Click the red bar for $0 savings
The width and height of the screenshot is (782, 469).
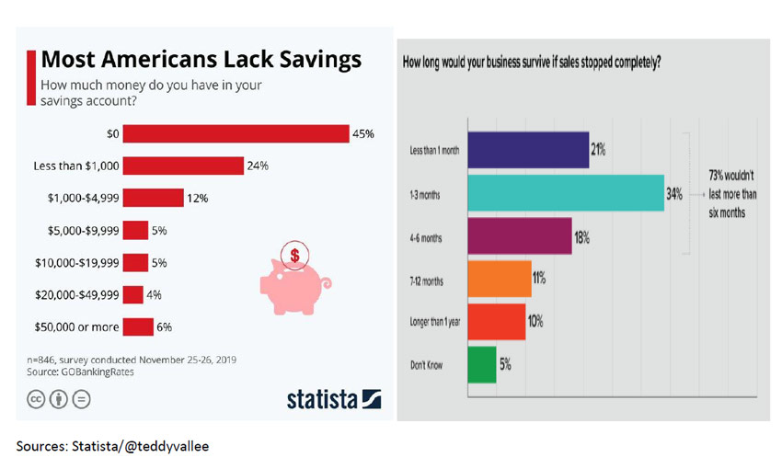click(x=236, y=134)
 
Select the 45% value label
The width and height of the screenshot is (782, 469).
click(x=362, y=134)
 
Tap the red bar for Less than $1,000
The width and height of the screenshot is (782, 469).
click(x=182, y=166)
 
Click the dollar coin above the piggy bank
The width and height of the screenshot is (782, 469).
click(x=294, y=253)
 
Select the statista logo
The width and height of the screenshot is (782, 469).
click(x=333, y=398)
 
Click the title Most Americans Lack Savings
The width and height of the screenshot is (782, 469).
click(x=201, y=61)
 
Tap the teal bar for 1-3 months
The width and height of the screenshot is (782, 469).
click(x=565, y=193)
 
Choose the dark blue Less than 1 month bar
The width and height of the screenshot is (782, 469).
click(x=528, y=150)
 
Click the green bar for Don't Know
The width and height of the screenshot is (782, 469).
click(x=481, y=364)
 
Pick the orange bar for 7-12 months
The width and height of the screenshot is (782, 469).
click(x=500, y=279)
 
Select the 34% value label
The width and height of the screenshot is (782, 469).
click(x=674, y=193)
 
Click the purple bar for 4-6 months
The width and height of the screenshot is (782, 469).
click(x=520, y=236)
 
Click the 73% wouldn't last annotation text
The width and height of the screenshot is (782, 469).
click(x=732, y=191)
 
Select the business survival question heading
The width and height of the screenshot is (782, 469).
click(x=533, y=63)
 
